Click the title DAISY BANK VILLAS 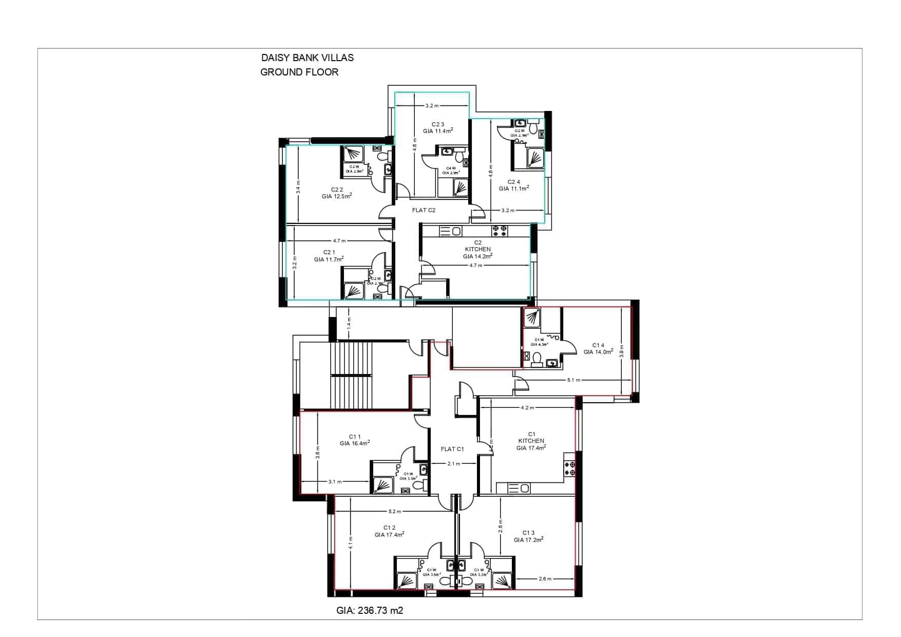tap(307, 58)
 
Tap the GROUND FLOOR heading tap(299, 72)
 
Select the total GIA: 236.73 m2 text tap(369, 610)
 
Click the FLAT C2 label tap(424, 210)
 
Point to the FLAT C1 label tap(452, 449)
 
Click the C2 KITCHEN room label tap(477, 249)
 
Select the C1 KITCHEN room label tap(531, 441)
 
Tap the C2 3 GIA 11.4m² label tap(437, 127)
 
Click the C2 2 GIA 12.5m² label tap(336, 193)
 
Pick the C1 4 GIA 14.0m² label tap(598, 349)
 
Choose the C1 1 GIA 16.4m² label tap(354, 440)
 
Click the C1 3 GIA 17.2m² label tap(528, 536)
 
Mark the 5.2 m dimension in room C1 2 tap(395, 512)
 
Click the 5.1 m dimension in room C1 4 tap(573, 380)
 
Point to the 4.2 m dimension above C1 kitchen tap(527, 408)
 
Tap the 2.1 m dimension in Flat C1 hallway tap(453, 464)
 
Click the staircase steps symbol tap(351, 375)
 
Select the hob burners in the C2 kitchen tap(500, 231)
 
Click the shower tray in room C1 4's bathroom tap(531, 318)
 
